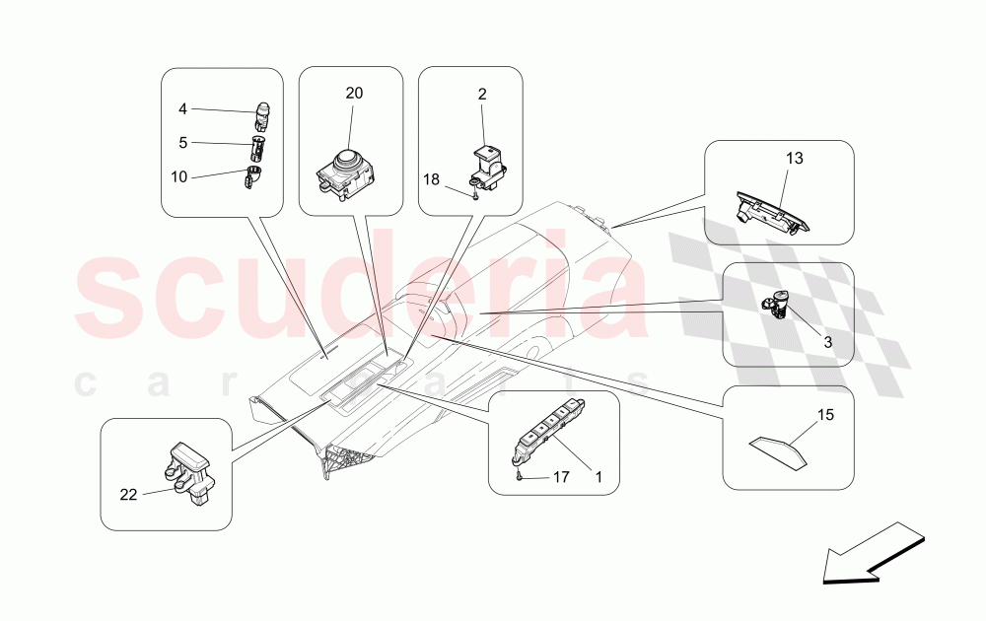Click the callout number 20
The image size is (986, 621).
[354, 93]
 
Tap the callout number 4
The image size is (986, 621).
[182, 109]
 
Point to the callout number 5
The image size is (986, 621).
[182, 143]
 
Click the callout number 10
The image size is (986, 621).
[179, 177]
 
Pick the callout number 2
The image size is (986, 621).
[482, 95]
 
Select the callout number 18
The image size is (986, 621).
[432, 179]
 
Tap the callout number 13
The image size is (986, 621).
[794, 159]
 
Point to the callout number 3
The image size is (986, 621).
[828, 343]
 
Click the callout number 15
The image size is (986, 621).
[825, 415]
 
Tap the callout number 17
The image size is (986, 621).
[561, 478]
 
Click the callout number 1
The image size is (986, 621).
[599, 478]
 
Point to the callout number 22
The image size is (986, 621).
[128, 495]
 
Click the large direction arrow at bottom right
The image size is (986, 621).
[874, 554]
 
